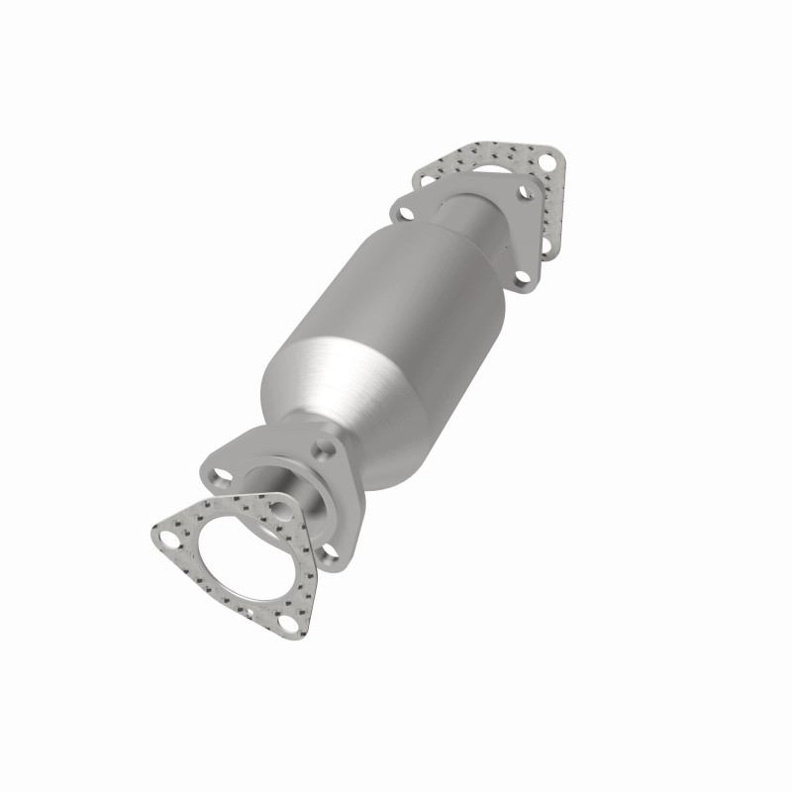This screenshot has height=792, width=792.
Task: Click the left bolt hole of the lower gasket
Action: click(x=169, y=538)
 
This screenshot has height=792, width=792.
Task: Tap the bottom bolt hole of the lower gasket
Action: click(x=287, y=624)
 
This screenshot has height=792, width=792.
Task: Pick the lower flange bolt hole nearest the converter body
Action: click(x=322, y=447)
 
